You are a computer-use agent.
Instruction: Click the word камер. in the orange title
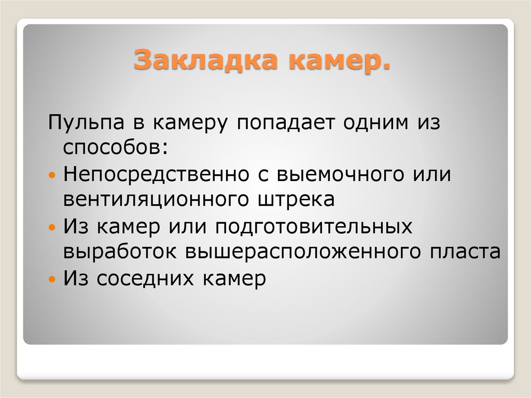pyautogui.click(x=340, y=60)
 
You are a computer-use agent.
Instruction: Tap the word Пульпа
pyautogui.click(x=86, y=122)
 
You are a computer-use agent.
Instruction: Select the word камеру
pyautogui.click(x=190, y=123)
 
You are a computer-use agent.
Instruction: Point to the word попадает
pyautogui.click(x=286, y=123)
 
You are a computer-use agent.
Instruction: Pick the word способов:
pyautogui.click(x=116, y=147)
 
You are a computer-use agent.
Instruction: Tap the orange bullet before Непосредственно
pyautogui.click(x=51, y=175)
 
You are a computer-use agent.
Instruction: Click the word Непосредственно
pyautogui.click(x=157, y=174)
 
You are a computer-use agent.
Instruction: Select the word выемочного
pyautogui.click(x=340, y=174)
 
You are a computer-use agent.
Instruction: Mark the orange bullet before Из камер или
pyautogui.click(x=51, y=227)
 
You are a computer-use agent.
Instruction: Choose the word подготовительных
pyautogui.click(x=314, y=226)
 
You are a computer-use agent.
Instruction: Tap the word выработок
pyautogui.click(x=120, y=252)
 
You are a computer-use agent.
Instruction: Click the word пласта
pyautogui.click(x=465, y=252)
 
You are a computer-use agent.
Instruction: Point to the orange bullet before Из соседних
pyautogui.click(x=51, y=279)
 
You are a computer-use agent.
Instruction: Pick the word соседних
pyautogui.click(x=145, y=279)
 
